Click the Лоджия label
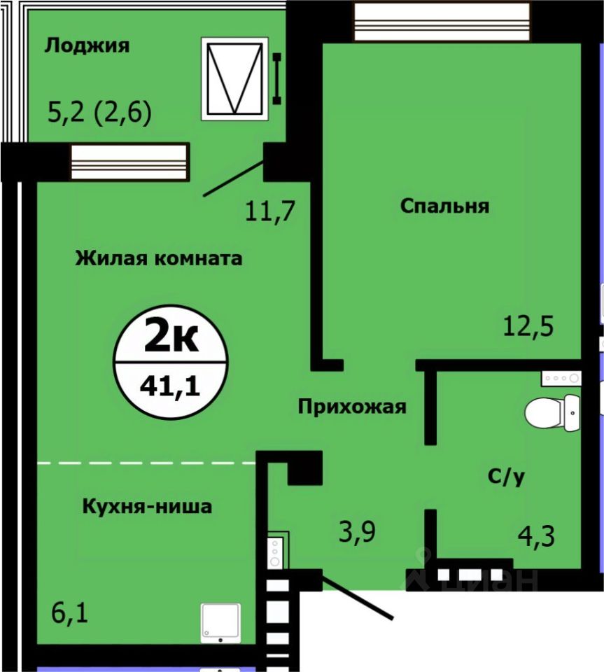[x=87, y=45]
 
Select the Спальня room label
[x=444, y=206]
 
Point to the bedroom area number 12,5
[x=528, y=326]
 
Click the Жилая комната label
[x=159, y=258]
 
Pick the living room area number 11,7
[x=270, y=211]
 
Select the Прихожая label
[x=352, y=407]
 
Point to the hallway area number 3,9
[x=357, y=532]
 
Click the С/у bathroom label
[x=506, y=476]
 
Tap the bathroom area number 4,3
[x=536, y=536]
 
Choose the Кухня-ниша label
[x=147, y=506]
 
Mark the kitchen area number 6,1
[x=69, y=612]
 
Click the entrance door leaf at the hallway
[x=357, y=597]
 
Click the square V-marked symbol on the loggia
[x=234, y=79]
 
